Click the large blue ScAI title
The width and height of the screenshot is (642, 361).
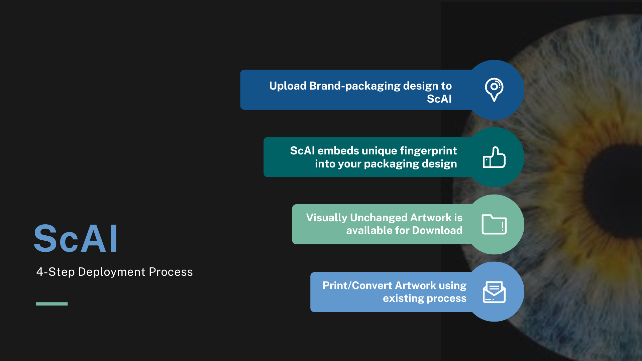tap(76, 239)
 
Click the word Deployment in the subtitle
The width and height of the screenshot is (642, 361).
tap(111, 272)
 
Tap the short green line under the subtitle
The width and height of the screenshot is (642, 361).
tap(52, 304)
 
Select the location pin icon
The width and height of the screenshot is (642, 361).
tap(494, 89)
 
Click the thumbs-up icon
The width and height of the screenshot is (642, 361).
tap(494, 157)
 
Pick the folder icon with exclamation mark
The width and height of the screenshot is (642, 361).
tap(494, 224)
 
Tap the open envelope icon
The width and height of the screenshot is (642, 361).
tap(494, 292)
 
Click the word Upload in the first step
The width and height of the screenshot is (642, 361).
tap(288, 86)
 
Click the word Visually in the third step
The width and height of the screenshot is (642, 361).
tap(327, 218)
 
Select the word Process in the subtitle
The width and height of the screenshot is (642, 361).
tap(171, 272)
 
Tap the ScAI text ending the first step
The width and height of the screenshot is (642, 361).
tap(439, 99)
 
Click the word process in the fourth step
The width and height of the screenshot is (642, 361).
tap(446, 298)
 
